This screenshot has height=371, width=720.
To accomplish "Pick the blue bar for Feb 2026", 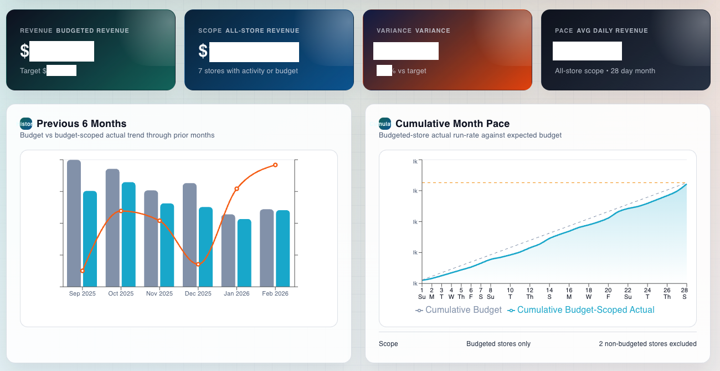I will (x=283, y=248).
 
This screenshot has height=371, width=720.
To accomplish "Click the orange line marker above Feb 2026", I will (x=275, y=165).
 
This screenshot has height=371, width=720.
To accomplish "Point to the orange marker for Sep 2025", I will (x=83, y=271).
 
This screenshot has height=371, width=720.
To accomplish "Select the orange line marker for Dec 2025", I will (x=198, y=265).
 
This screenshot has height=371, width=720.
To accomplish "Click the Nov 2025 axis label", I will (x=159, y=293).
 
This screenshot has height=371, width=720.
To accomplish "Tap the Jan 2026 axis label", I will (x=236, y=293).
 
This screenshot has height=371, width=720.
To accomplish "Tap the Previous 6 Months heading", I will (x=81, y=124).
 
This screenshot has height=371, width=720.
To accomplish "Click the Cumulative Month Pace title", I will (x=452, y=124).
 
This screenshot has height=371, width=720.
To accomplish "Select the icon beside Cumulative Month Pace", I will (x=384, y=124).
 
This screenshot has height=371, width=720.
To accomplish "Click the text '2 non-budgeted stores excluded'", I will (x=647, y=344).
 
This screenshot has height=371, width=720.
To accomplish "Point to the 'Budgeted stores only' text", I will (x=498, y=344).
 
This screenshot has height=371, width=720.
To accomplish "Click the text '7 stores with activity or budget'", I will (x=248, y=71).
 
